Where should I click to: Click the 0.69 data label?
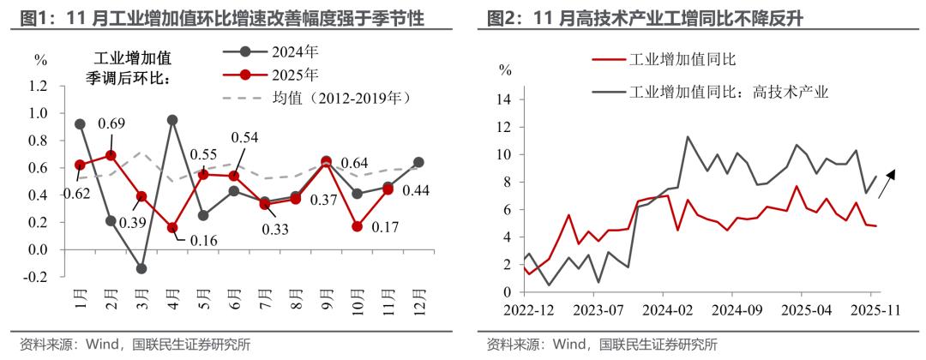112,124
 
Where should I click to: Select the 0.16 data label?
204,239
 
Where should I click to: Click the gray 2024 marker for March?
141,268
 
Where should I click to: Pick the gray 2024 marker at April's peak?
172,120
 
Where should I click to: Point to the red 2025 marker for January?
80,165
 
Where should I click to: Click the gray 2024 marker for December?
418,162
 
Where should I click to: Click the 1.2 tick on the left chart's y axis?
39,86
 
